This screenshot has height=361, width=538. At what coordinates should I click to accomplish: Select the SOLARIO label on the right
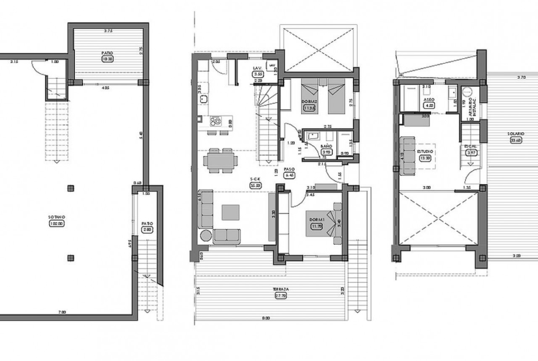point(513,134)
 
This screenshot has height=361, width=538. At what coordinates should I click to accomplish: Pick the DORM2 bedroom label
point(309,102)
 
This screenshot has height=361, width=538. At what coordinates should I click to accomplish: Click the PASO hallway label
point(289,168)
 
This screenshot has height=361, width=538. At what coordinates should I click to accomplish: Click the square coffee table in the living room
point(231,212)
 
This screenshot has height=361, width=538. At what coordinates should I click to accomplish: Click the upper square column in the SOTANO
point(70,188)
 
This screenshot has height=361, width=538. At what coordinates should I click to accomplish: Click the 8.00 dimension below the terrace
point(266,317)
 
